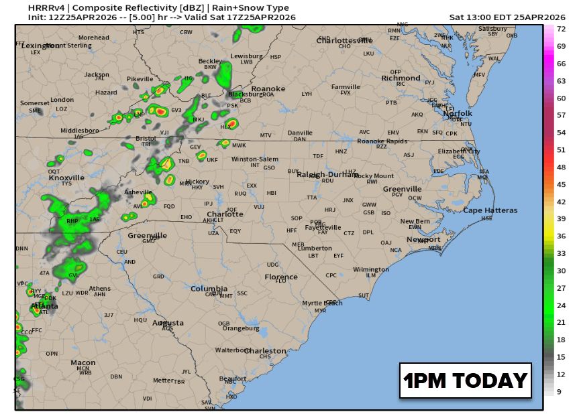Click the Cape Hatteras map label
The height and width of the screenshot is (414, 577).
tap(490, 210)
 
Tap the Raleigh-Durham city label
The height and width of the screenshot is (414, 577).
tap(325, 174)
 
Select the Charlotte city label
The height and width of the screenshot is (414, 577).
tap(225, 214)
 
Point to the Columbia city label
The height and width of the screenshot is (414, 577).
tap(209, 289)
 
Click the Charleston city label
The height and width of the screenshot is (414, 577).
tap(264, 351)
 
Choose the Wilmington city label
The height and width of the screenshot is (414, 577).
tap(370, 269)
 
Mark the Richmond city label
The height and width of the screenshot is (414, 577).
tap(401, 78)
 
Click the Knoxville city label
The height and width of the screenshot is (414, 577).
tap(66, 178)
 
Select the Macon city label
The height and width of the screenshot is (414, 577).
tap(83, 362)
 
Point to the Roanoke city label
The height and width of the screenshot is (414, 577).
tap(268, 88)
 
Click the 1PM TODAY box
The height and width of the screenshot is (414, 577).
tap(465, 381)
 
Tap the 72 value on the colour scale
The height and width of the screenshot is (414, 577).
tap(560, 28)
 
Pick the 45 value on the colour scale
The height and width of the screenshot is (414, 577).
tap(560, 184)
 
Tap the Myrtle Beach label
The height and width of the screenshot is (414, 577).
tap(322, 303)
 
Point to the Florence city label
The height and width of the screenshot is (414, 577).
tap(280, 277)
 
